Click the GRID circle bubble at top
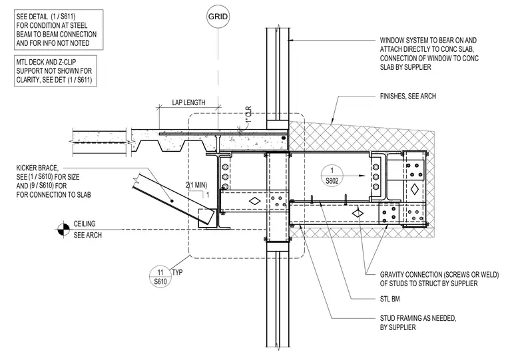(x=218, y=17)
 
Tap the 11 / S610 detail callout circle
(x=160, y=277)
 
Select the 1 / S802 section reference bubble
(x=332, y=175)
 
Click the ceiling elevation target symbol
(x=63, y=230)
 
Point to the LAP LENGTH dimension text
(x=188, y=102)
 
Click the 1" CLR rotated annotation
(x=248, y=115)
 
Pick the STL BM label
(x=390, y=299)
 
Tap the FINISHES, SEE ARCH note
(x=408, y=96)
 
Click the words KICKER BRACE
(x=37, y=168)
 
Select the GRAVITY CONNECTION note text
(x=439, y=279)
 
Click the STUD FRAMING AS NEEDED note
(x=418, y=323)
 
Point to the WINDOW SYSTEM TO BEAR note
(x=429, y=54)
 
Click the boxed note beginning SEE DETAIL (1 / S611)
(x=59, y=30)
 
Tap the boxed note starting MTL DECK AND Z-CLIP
(x=55, y=71)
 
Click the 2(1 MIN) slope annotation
(x=196, y=185)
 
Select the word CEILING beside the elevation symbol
(x=85, y=224)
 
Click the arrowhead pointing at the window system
(x=290, y=41)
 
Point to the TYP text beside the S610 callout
(x=177, y=273)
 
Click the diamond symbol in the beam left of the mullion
(x=254, y=201)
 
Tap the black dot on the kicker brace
(x=172, y=201)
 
